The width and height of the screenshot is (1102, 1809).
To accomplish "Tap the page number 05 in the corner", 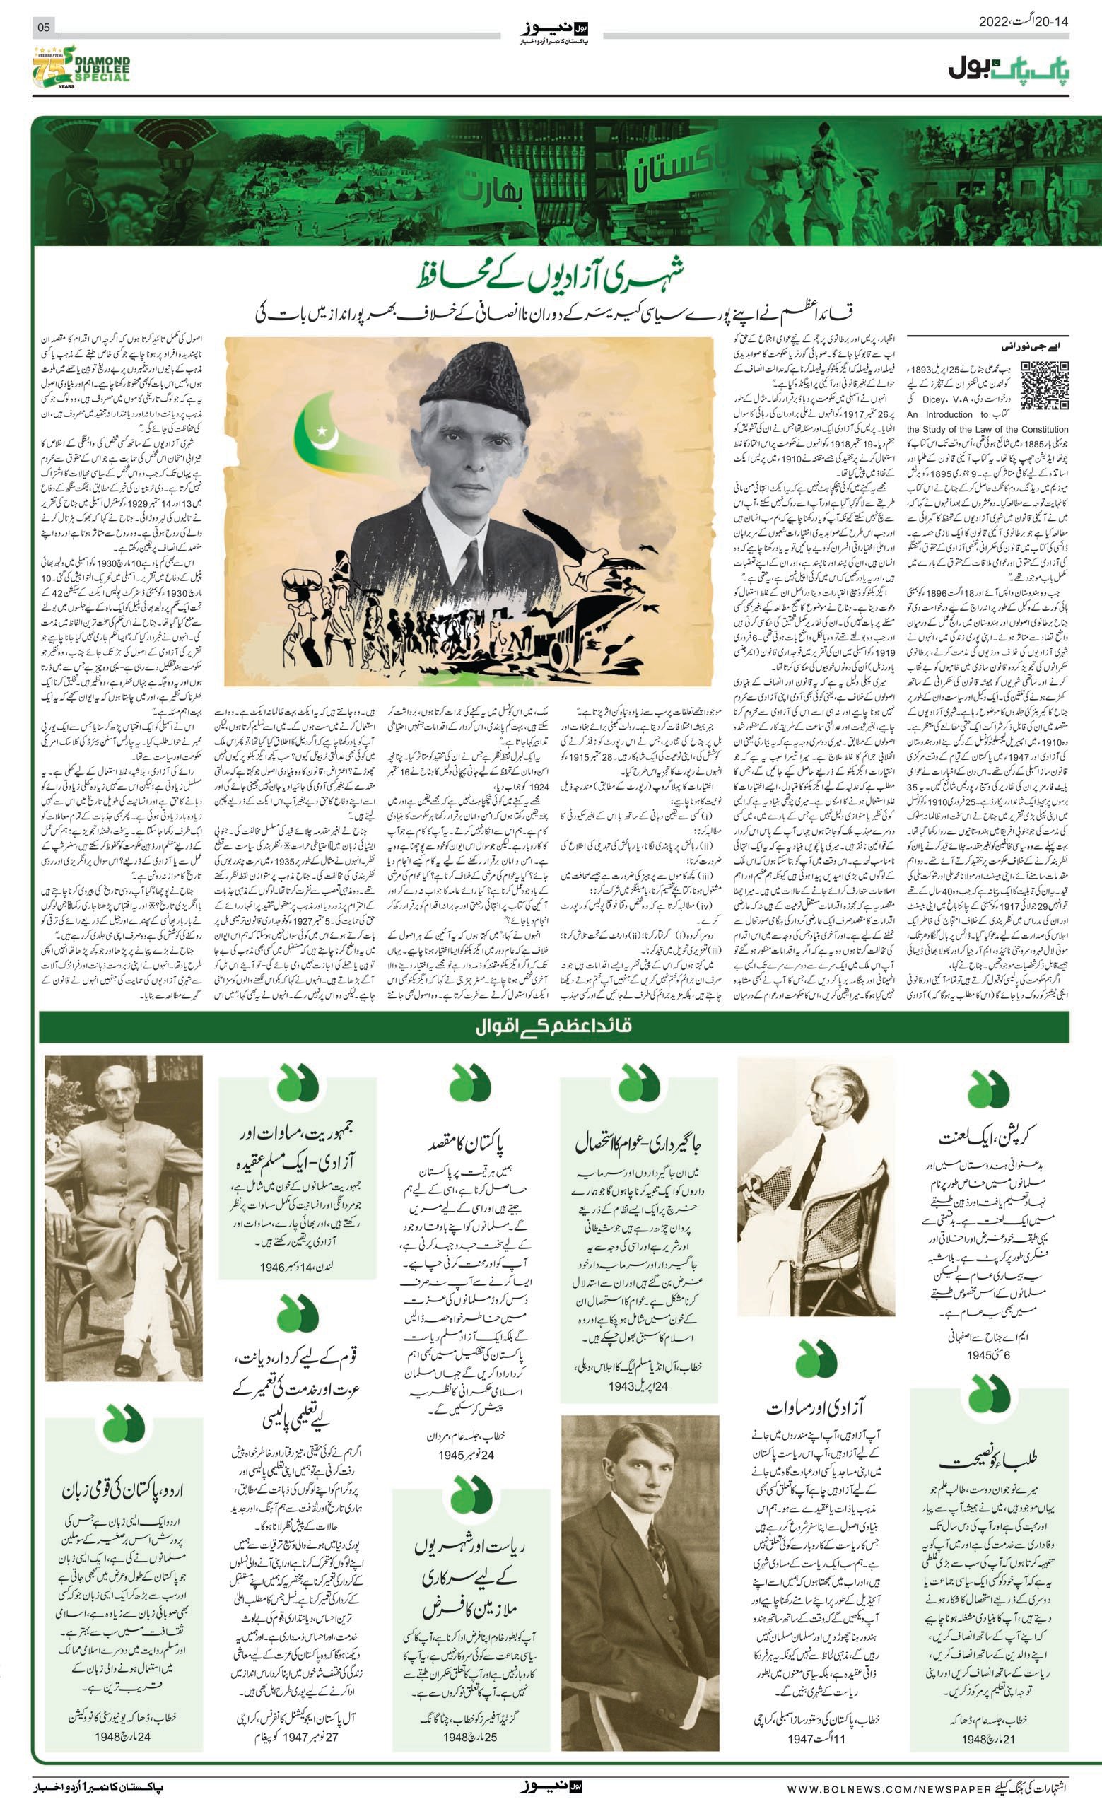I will [43, 27].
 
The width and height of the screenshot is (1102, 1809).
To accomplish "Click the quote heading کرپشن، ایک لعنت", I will [989, 1137].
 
